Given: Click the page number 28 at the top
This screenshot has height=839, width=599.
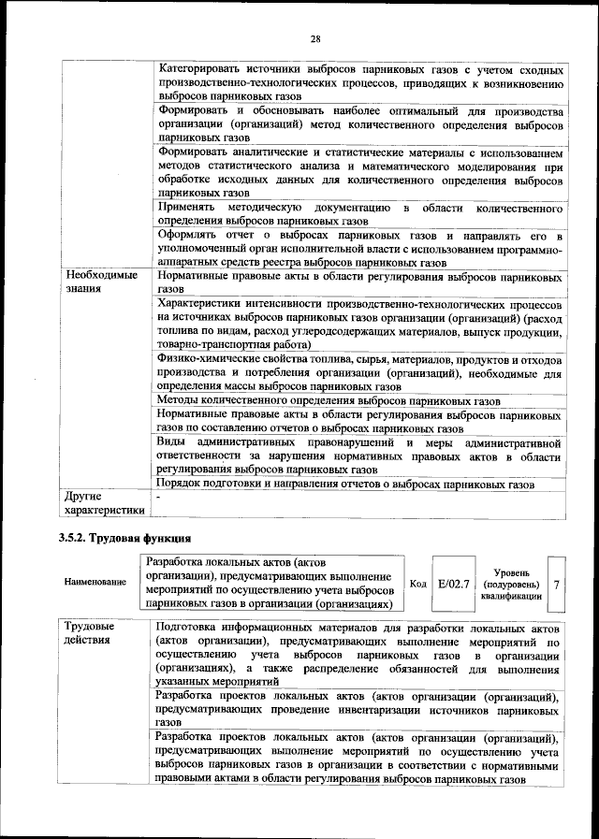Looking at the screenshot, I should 315,38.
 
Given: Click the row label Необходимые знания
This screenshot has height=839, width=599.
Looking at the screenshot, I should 100,283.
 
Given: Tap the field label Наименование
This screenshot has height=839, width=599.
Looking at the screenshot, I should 95,583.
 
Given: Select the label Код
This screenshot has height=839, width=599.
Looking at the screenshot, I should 417,584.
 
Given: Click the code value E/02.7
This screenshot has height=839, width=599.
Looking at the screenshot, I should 455,584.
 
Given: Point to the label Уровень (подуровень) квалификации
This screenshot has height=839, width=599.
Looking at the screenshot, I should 511,583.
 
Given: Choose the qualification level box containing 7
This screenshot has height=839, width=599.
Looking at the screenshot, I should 557,584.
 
